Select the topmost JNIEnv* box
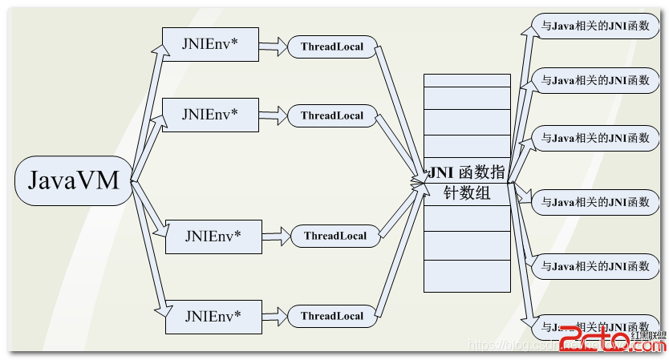click(210, 44)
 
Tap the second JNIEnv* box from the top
click(210, 114)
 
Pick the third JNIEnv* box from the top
click(213, 236)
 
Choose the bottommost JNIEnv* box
click(213, 316)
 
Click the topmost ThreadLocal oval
click(332, 47)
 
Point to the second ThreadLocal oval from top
click(332, 115)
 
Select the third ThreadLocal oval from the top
click(334, 236)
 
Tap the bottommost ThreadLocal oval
click(332, 316)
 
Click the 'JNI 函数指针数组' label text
click(467, 182)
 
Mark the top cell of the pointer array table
click(467, 80)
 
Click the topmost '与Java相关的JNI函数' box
click(594, 24)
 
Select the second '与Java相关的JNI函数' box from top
click(594, 80)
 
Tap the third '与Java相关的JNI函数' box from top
click(594, 137)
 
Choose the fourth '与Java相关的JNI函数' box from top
click(594, 202)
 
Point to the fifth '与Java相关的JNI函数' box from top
click(594, 265)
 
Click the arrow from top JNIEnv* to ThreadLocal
click(274, 47)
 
